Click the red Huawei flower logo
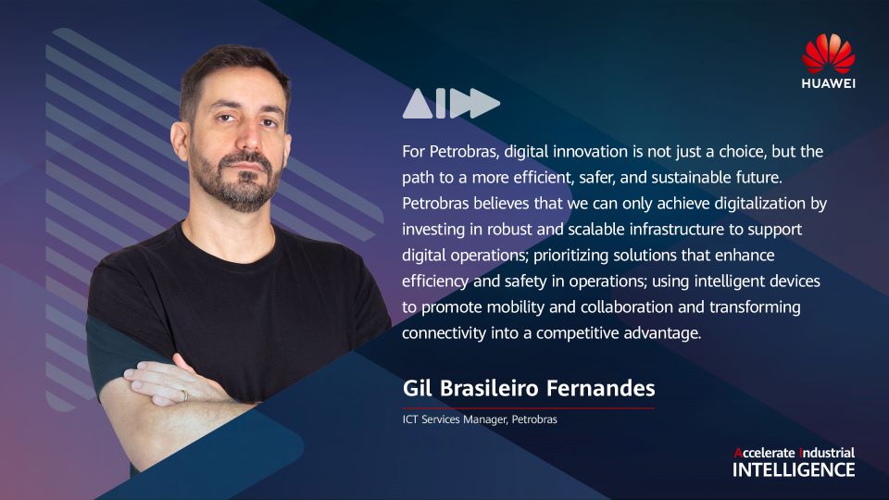(828, 54)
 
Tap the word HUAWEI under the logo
(828, 83)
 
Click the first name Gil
(418, 388)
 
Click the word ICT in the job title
(410, 419)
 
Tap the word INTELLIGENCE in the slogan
(794, 470)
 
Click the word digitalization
(759, 204)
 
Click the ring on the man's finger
(185, 395)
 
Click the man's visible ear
(180, 142)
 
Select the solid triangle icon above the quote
(418, 104)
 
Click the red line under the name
(529, 407)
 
